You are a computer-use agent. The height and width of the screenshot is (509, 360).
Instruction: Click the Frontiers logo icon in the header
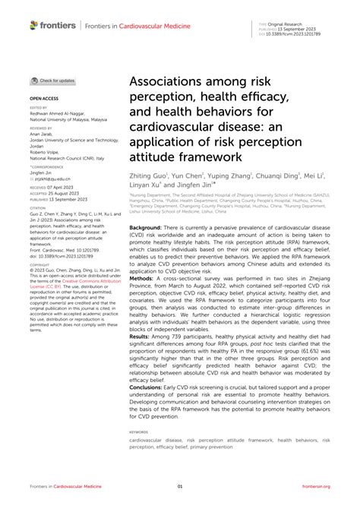click(x=33, y=25)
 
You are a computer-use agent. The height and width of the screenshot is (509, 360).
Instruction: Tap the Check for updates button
click(x=53, y=81)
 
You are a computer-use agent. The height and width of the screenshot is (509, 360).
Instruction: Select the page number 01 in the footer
click(x=180, y=486)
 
